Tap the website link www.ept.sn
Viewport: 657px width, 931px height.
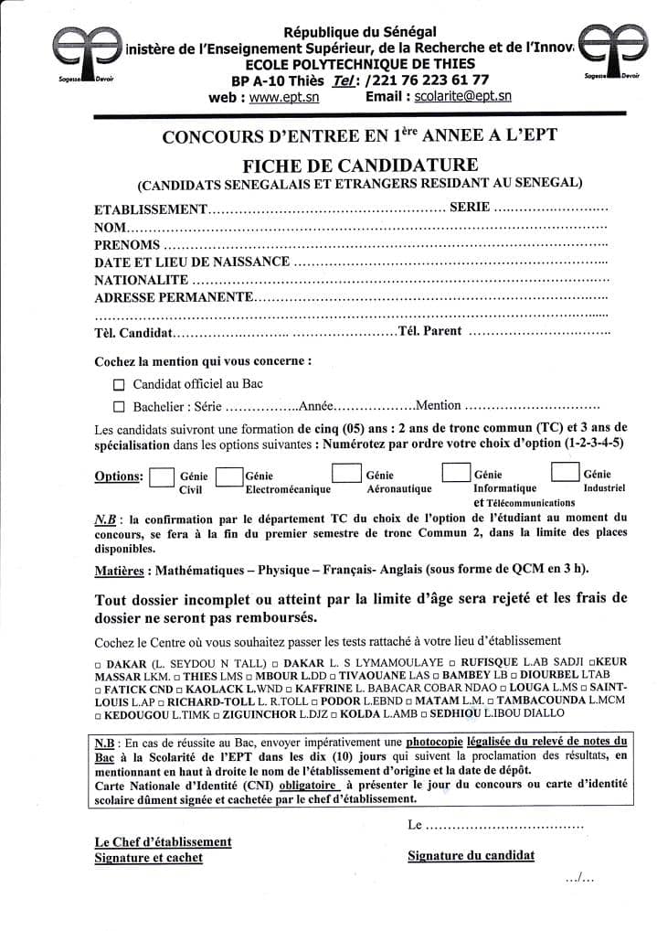(x=282, y=97)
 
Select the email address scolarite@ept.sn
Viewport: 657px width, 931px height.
(x=462, y=96)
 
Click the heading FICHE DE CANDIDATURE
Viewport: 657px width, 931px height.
(x=360, y=165)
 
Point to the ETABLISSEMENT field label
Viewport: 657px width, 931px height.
(x=152, y=209)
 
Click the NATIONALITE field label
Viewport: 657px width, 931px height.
(x=142, y=280)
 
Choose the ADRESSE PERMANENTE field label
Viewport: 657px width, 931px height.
(x=174, y=297)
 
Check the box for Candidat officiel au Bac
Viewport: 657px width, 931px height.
(x=118, y=385)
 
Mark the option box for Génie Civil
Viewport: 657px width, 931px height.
(x=162, y=477)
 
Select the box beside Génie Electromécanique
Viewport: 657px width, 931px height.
(x=229, y=476)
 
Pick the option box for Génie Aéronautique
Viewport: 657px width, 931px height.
(x=344, y=473)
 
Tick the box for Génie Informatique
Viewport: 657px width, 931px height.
(x=455, y=473)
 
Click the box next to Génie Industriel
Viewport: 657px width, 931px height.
(x=565, y=472)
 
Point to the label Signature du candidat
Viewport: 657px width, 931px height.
(x=471, y=856)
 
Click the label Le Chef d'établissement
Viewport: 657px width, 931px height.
(x=164, y=841)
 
